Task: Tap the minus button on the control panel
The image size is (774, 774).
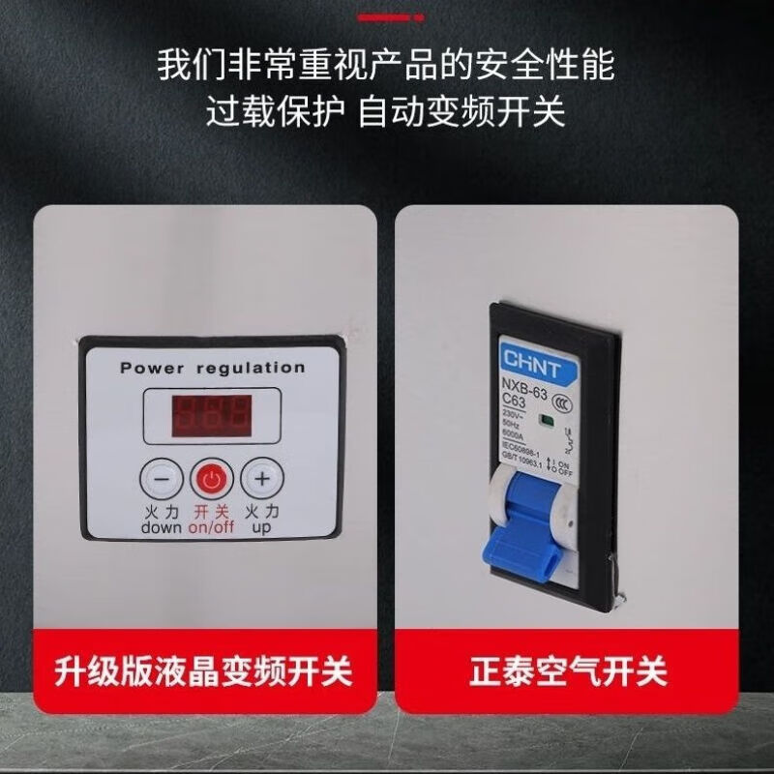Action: pos(163,478)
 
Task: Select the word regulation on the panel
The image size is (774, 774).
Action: pos(251,368)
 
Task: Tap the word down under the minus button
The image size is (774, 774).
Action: pos(161,528)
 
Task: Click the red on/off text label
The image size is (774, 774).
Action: pos(210,528)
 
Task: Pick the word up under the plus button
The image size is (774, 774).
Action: pos(261,528)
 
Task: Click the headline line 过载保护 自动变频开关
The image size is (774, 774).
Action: pos(385,112)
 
